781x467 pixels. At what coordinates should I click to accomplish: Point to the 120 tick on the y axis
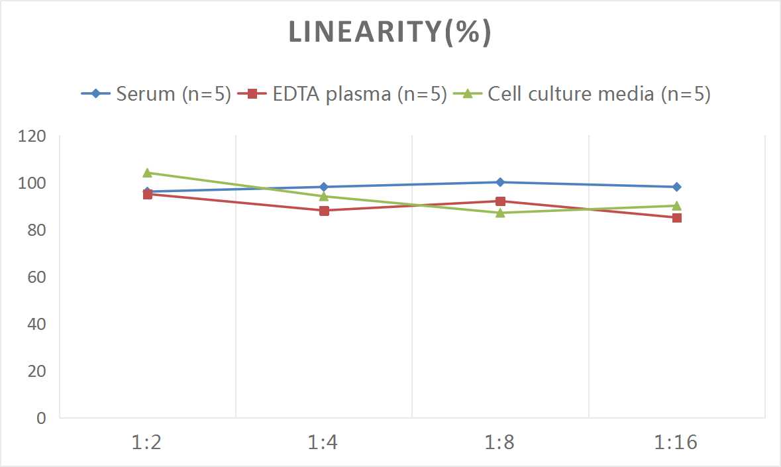click(32, 136)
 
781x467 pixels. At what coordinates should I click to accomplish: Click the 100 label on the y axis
click(32, 183)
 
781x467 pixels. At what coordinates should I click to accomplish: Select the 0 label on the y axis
click(42, 418)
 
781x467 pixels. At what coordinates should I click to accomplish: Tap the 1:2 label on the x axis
click(147, 442)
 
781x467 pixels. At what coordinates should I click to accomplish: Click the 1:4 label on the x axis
click(323, 442)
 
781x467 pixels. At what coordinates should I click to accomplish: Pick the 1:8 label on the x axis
click(500, 442)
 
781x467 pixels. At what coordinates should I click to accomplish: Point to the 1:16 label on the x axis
click(676, 442)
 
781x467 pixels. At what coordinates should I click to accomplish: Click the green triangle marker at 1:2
click(148, 173)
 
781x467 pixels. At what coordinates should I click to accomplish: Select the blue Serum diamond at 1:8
click(500, 182)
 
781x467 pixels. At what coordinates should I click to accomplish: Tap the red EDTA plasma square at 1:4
click(324, 211)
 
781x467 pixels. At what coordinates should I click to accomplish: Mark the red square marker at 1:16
click(677, 218)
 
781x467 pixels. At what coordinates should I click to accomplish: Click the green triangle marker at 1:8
click(500, 212)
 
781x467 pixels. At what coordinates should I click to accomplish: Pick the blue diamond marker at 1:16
click(677, 187)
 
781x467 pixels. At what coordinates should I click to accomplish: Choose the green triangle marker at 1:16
click(677, 205)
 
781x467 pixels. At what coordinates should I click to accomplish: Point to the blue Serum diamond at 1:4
click(324, 187)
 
